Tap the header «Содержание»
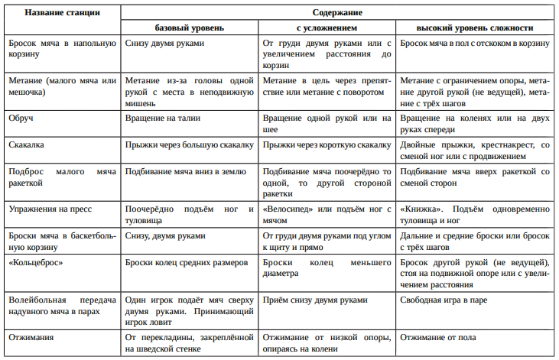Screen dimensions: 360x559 point(337,13)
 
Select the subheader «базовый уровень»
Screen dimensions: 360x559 point(190,28)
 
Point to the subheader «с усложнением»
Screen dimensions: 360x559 point(327,28)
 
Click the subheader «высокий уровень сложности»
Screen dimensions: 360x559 point(475,28)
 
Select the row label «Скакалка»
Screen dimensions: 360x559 point(26,144)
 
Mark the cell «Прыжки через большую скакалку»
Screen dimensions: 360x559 point(188,144)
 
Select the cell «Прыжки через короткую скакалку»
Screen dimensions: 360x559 point(327,144)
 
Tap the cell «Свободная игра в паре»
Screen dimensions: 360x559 point(444,300)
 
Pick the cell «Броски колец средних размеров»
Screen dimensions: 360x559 point(187,262)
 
